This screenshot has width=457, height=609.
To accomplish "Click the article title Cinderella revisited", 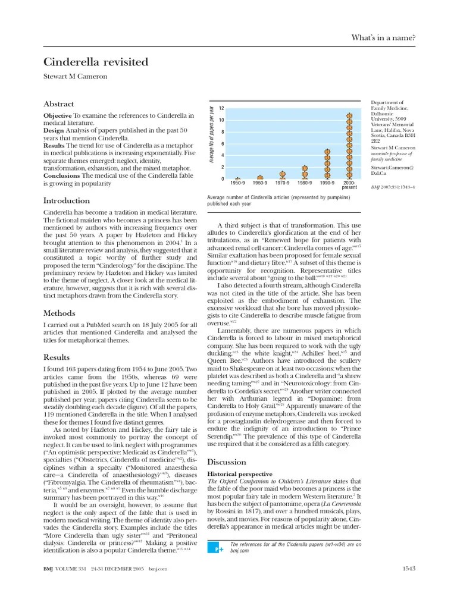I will click(x=96, y=62).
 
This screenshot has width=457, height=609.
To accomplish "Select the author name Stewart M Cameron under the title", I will click(x=76, y=77).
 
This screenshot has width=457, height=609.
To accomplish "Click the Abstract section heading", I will click(x=59, y=103).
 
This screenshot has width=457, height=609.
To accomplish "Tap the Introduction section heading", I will click(x=67, y=200).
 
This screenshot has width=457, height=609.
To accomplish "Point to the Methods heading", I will click(x=60, y=313).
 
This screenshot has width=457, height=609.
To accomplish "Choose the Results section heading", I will click(x=57, y=357).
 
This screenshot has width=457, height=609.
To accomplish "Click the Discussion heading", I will click(x=226, y=462).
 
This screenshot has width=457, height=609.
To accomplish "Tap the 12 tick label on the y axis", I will click(x=221, y=108).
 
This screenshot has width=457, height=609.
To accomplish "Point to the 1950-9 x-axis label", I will click(x=237, y=183).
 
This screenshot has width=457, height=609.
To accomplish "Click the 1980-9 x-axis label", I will click(x=304, y=183).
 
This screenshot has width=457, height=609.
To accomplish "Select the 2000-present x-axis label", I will click(x=350, y=185).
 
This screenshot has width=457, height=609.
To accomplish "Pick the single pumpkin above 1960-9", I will click(x=260, y=177).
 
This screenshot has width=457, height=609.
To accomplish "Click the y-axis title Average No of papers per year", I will click(x=211, y=134).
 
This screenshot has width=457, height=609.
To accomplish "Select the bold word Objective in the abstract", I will click(x=58, y=115).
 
